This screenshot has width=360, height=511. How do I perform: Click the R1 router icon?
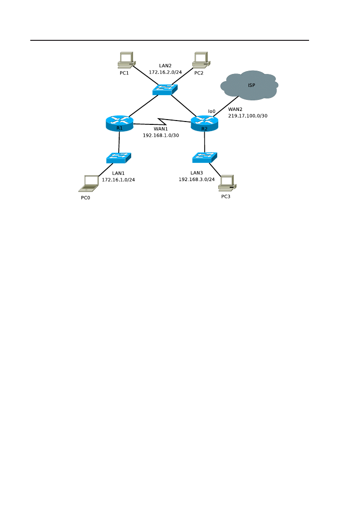pyautogui.click(x=120, y=123)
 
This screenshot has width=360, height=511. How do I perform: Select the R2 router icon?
pyautogui.click(x=204, y=123)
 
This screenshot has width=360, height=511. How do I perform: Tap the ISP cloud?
pyautogui.click(x=249, y=85)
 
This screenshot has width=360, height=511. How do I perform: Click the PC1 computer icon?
pyautogui.click(x=126, y=60)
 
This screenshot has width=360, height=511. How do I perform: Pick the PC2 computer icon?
pyautogui.click(x=201, y=60)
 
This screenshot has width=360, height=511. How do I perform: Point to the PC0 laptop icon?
pyautogui.click(x=89, y=183)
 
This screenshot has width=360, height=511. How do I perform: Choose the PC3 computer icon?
pyautogui.click(x=227, y=183)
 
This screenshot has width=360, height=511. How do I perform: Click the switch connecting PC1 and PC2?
pyautogui.click(x=165, y=90)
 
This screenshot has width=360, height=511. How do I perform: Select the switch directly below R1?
pyautogui.click(x=119, y=158)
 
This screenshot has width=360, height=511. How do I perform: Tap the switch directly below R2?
pyautogui.click(x=205, y=158)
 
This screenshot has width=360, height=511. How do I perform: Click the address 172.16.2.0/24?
pyautogui.click(x=165, y=73)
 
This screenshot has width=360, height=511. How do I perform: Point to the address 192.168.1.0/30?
pyautogui.click(x=161, y=135)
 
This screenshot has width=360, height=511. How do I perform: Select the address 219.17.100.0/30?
pyautogui.click(x=248, y=116)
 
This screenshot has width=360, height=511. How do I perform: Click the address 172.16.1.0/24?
pyautogui.click(x=118, y=180)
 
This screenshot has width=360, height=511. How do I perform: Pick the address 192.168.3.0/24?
pyautogui.click(x=197, y=179)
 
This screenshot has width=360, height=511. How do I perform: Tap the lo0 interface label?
pyautogui.click(x=211, y=111)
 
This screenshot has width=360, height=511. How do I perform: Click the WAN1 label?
pyautogui.click(x=161, y=129)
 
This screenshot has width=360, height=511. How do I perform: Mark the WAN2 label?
pyautogui.click(x=235, y=109)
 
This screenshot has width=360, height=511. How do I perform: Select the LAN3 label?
pyautogui.click(x=197, y=173)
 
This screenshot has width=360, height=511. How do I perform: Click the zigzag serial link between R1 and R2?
pyautogui.click(x=162, y=121)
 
